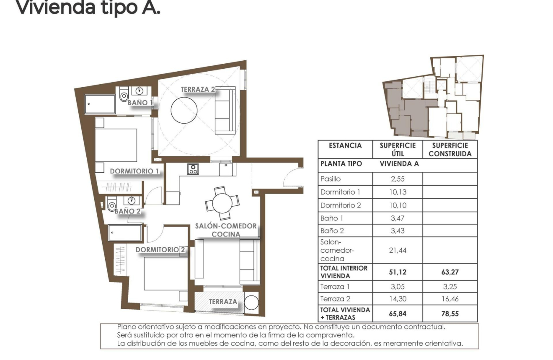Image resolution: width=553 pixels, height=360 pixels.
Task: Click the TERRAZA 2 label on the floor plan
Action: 198,89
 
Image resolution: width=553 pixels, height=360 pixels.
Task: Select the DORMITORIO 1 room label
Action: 134,171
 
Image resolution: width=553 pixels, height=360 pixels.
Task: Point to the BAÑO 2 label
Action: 127,211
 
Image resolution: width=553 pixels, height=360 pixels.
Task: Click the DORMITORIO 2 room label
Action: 160,249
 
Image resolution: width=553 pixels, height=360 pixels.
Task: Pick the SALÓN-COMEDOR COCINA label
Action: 226,230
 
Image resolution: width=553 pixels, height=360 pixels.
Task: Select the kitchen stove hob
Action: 193,169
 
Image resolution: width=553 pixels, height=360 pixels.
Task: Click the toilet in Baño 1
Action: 124,96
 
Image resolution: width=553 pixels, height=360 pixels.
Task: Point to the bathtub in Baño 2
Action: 125,233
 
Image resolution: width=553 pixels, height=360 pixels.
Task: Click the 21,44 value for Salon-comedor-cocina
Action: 398,250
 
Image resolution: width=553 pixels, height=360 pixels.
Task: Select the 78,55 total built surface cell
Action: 450,313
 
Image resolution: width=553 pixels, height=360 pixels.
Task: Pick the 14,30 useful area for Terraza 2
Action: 398,299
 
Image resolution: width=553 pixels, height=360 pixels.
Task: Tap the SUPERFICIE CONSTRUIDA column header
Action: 450,150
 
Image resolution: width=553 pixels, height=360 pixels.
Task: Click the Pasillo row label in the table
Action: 331,179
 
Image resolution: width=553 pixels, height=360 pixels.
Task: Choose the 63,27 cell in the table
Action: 450,272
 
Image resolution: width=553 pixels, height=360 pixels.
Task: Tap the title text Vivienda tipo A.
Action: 88,8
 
